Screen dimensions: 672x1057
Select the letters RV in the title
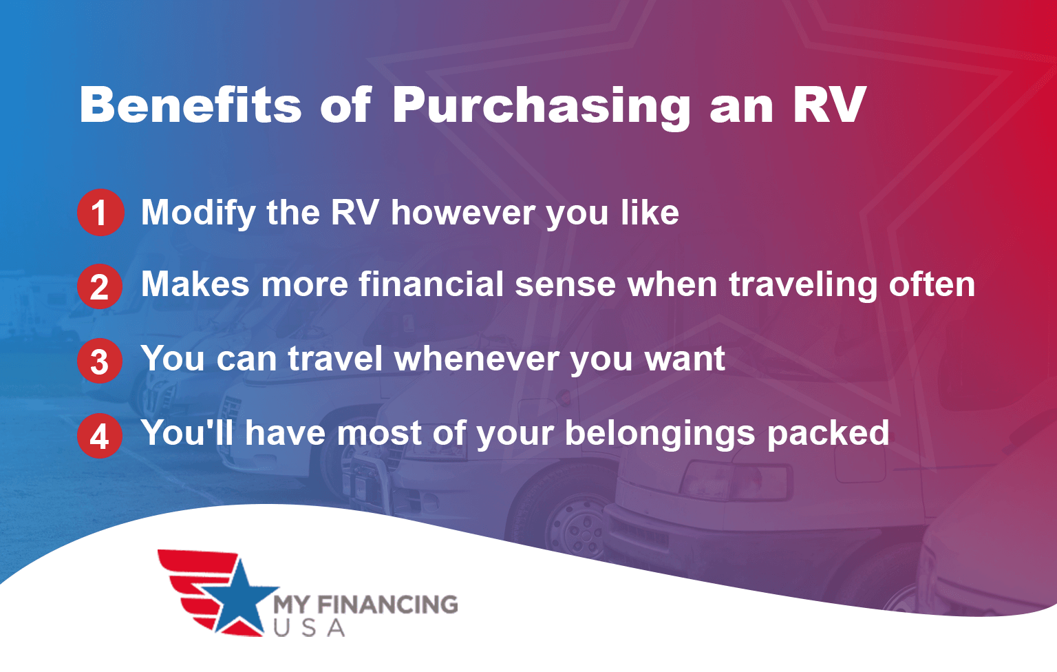tap(829, 105)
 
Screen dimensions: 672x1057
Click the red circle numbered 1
tap(100, 212)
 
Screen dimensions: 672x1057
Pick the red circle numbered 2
tap(100, 286)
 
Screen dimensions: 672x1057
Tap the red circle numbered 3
tap(100, 361)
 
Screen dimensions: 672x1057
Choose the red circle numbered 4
tap(100, 435)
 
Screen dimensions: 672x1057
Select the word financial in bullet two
tap(431, 284)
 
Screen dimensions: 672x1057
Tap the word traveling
tap(803, 285)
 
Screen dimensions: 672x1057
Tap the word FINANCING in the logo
tap(387, 605)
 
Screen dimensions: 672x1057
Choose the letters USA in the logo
tap(309, 628)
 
